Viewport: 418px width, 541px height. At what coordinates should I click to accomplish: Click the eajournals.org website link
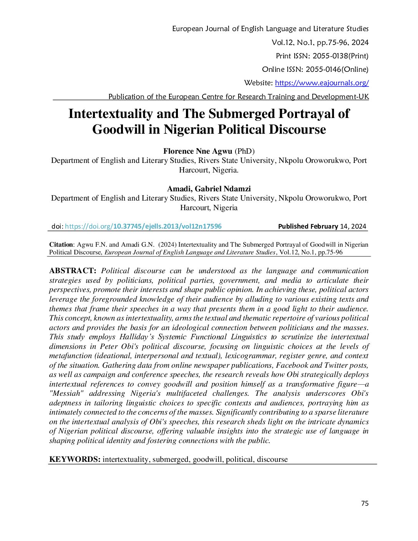(x=322, y=83)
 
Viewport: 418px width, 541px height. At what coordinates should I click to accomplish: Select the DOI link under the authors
(x=143, y=226)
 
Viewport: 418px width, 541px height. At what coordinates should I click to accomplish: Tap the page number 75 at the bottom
(x=365, y=503)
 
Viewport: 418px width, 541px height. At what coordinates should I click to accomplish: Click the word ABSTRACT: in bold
(x=73, y=271)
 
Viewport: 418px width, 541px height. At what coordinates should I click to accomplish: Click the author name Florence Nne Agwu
(x=198, y=151)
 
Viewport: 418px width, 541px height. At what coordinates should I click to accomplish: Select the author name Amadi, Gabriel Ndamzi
(x=209, y=189)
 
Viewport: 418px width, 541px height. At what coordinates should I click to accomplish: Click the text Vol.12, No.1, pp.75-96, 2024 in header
(x=320, y=43)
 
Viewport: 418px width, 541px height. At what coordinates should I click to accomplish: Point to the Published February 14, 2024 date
(x=322, y=226)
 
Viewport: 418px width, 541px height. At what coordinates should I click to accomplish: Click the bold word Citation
(x=61, y=245)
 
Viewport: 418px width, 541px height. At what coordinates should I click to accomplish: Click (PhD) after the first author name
(x=244, y=151)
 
